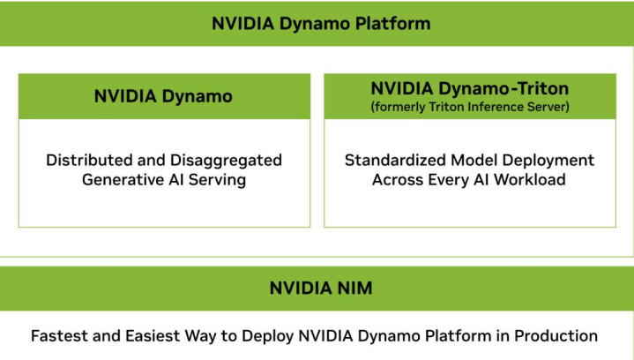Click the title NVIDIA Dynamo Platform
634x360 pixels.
click(x=321, y=24)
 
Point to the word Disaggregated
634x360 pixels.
click(x=226, y=161)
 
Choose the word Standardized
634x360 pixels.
click(x=395, y=161)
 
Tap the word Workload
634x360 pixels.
click(x=530, y=180)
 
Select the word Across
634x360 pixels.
click(x=398, y=180)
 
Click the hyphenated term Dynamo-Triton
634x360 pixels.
click(x=503, y=88)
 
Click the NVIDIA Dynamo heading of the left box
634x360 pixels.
click(x=163, y=96)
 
